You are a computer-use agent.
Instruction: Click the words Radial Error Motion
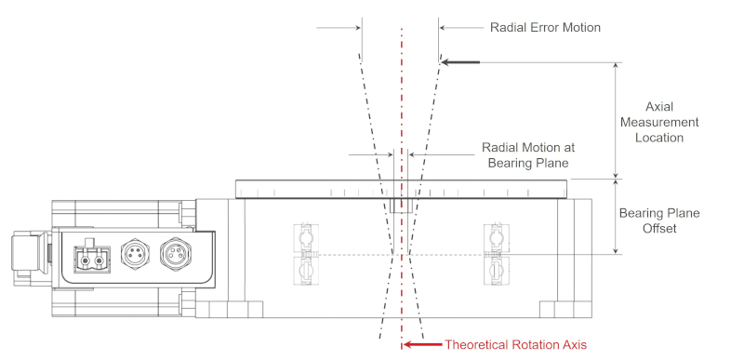(x=545, y=27)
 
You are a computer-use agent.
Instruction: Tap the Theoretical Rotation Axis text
(x=515, y=344)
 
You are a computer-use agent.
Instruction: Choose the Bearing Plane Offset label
(x=658, y=220)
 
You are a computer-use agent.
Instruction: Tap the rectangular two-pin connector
(x=90, y=257)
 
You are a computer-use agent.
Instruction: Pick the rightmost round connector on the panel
(x=174, y=252)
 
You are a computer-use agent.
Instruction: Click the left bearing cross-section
(x=304, y=253)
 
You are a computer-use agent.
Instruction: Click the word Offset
(x=658, y=228)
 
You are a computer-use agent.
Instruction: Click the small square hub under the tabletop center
(x=401, y=205)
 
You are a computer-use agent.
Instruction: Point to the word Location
(x=659, y=138)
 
